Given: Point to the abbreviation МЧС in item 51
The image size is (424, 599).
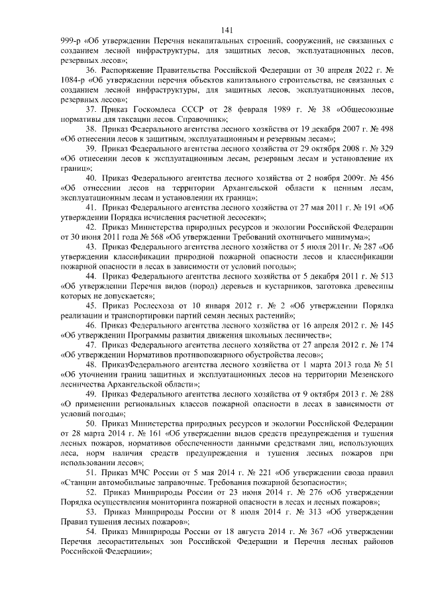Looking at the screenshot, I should pos(142,473).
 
